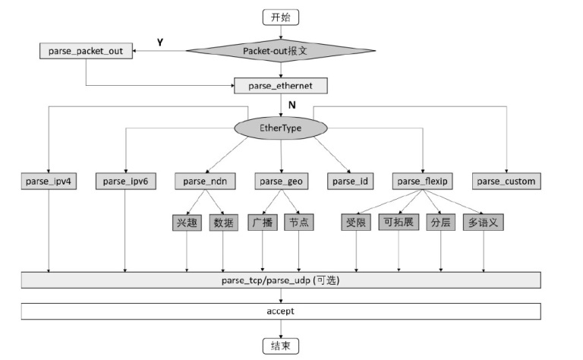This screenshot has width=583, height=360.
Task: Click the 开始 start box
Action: (x=281, y=17)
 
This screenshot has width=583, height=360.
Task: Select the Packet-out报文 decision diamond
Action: (x=281, y=51)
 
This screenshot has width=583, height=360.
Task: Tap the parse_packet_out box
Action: (x=86, y=51)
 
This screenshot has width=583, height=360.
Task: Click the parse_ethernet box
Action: (x=281, y=86)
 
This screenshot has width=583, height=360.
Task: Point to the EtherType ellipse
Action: (x=281, y=128)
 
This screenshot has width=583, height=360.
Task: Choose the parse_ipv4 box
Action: (x=49, y=182)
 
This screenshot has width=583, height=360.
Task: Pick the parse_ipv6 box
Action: (x=126, y=182)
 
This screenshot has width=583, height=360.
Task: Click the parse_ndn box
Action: (x=205, y=182)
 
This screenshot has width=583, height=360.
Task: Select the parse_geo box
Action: (x=281, y=182)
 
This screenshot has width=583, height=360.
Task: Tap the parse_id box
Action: (x=349, y=182)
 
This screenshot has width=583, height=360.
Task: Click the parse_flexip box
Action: (x=423, y=182)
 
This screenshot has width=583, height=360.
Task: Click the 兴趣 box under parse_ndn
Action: (x=187, y=223)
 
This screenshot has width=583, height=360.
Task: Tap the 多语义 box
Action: (x=484, y=223)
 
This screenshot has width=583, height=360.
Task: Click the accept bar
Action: (x=281, y=311)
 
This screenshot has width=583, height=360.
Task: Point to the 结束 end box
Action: (x=281, y=346)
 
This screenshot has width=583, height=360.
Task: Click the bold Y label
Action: (x=160, y=43)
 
